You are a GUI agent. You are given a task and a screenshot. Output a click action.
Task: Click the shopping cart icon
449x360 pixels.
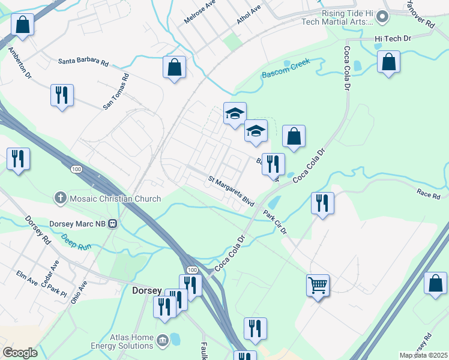coord(318,284)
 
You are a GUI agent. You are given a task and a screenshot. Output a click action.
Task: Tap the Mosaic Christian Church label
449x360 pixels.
coord(115,199)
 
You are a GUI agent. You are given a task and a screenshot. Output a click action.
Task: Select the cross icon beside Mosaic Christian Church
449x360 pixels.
coord(60,197)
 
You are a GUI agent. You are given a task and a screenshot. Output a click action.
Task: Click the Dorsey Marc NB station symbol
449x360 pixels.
coord(112,224)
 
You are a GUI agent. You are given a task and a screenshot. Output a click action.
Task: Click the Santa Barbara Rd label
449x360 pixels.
coord(83,62)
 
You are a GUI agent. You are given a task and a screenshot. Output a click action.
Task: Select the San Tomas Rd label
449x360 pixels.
coord(116,91)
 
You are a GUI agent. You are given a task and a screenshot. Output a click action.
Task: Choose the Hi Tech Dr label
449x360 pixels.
coord(392,38)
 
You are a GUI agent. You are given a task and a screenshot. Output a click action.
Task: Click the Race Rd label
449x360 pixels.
coord(428,193)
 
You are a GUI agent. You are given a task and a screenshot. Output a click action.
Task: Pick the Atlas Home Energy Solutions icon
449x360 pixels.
coord(162,341)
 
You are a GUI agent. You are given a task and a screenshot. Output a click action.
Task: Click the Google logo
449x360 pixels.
coord(20,353)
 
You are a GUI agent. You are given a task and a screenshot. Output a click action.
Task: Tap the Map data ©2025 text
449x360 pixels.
coord(423,355)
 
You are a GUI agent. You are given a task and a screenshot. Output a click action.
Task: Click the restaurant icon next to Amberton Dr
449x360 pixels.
coord(62,94)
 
